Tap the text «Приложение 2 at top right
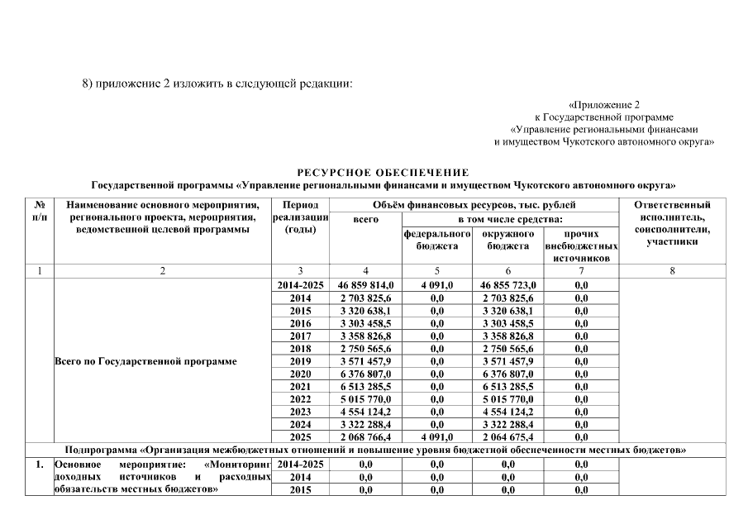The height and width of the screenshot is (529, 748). pyautogui.click(x=604, y=105)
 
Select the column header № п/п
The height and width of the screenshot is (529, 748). pyautogui.click(x=39, y=210)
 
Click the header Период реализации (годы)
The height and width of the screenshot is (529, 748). pyautogui.click(x=300, y=217)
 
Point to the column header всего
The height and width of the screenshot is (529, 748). pyautogui.click(x=365, y=219)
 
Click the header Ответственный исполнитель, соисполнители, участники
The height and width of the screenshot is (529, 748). pyautogui.click(x=672, y=222)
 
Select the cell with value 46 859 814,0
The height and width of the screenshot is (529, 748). pyautogui.click(x=365, y=284)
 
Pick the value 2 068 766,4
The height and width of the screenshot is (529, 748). pyautogui.click(x=365, y=436)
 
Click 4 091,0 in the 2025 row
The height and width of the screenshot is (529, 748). pyautogui.click(x=436, y=436)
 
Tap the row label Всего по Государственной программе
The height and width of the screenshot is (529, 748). pyautogui.click(x=145, y=361)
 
